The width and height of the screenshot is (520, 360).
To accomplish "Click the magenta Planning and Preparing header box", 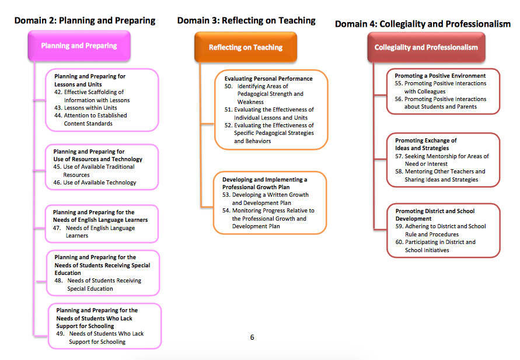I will [79, 46].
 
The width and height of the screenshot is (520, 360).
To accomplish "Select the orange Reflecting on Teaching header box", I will [246, 47].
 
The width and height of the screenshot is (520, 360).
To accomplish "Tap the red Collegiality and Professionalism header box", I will [426, 47].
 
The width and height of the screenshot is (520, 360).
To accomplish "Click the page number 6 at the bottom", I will [252, 337].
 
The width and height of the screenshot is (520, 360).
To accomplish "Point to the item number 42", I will [58, 92].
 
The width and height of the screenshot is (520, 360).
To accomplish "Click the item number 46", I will [57, 183].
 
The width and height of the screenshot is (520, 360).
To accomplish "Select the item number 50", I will [229, 86].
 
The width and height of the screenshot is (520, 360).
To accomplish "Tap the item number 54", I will [226, 211].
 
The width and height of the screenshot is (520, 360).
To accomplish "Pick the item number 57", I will [399, 156].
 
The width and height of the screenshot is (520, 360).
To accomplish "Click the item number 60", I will [399, 242].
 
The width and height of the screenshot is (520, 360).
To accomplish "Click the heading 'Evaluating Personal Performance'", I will [268, 79].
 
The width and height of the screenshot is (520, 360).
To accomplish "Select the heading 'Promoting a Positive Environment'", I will [440, 76].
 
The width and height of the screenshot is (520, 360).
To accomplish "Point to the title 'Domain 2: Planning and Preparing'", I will [85, 21].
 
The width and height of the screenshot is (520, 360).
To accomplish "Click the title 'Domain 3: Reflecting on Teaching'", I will [246, 20].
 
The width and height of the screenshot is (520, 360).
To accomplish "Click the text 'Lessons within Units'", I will [90, 108].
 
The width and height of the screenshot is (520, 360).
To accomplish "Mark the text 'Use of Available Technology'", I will [100, 183].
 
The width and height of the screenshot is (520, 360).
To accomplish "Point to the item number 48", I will [59, 281].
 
